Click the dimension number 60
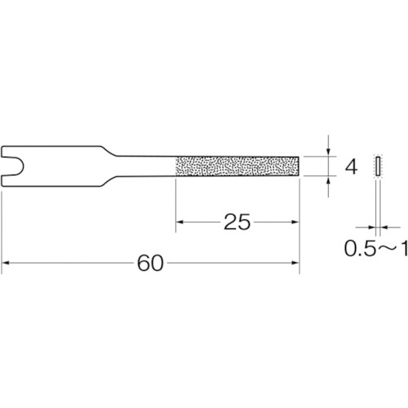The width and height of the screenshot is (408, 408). click(150, 263)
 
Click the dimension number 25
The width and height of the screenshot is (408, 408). click(237, 222)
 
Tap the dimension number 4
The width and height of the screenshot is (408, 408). click(351, 166)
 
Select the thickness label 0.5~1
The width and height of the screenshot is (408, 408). click(376, 249)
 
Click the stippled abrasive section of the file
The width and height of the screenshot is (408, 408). click(237, 166)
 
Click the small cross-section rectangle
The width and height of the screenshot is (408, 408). click(378, 166)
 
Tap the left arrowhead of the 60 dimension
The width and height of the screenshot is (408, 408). click(6, 263)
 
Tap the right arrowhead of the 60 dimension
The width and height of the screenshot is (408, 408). click(295, 263)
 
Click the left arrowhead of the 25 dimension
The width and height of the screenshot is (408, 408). click(180, 222)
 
